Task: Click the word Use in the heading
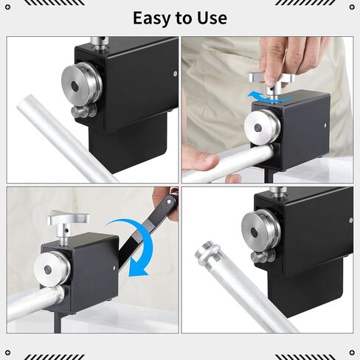[212, 18]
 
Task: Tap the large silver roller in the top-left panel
[82, 82]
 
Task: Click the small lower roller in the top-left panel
[83, 111]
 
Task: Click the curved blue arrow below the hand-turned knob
[267, 97]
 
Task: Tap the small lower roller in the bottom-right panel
[263, 256]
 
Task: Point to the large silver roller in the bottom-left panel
[52, 269]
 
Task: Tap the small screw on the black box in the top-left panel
[175, 74]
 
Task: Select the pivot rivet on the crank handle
[169, 201]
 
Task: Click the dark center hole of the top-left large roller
[75, 86]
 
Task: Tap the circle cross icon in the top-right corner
[352, 7]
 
